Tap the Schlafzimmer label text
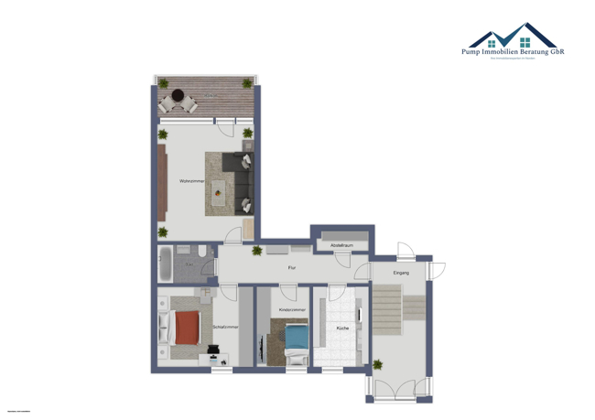pyautogui.click(x=225, y=327)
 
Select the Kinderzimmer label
pyautogui.click(x=293, y=310)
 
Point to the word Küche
pyautogui.click(x=342, y=327)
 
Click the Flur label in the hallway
pyautogui.click(x=291, y=267)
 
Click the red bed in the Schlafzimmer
pyautogui.click(x=186, y=327)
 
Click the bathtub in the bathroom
pyautogui.click(x=166, y=264)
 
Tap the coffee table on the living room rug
pyautogui.click(x=217, y=190)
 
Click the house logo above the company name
pyautogui.click(x=513, y=37)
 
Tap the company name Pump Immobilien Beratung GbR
pyautogui.click(x=513, y=52)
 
